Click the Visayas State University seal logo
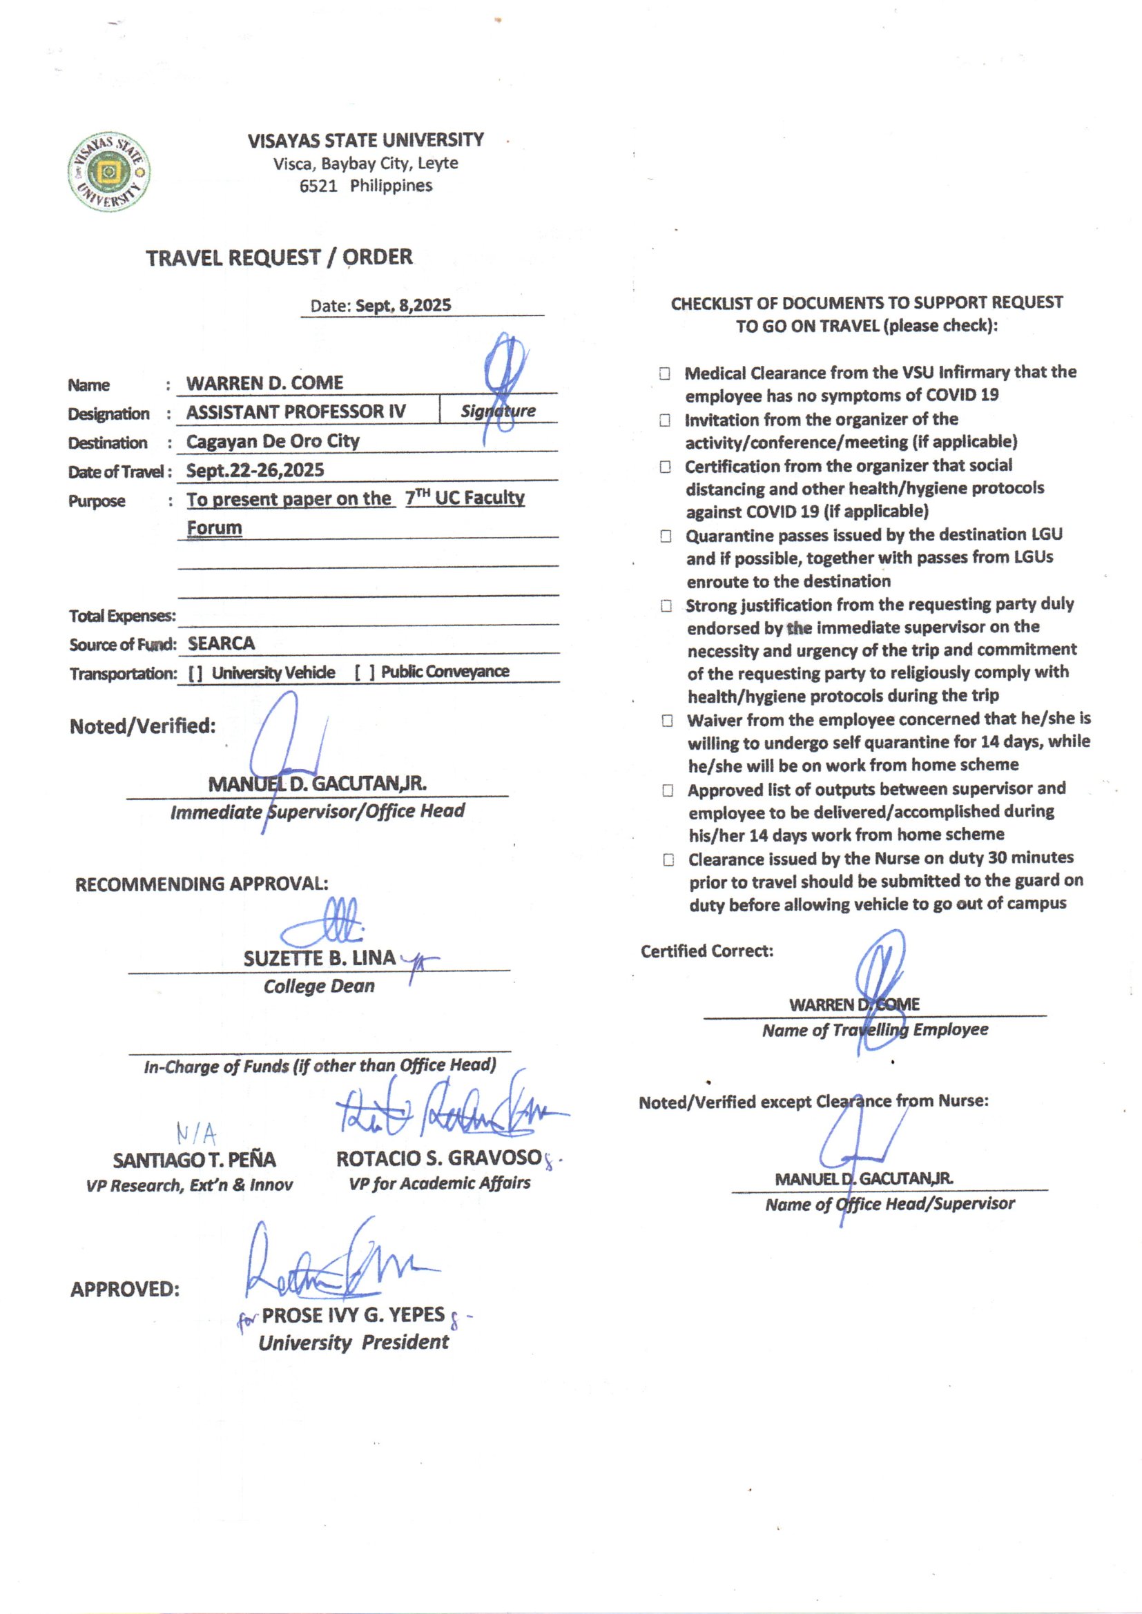click(109, 171)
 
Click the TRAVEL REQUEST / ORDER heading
click(279, 257)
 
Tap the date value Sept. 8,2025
click(403, 306)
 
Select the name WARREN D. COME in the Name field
click(264, 383)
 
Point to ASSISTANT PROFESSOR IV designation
click(296, 412)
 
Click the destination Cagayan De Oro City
click(273, 441)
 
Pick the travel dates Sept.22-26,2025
click(255, 470)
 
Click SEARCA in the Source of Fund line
click(221, 643)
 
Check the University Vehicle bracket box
click(195, 674)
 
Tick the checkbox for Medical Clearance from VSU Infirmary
click(664, 373)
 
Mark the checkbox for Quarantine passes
click(666, 536)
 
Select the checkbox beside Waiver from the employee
click(668, 721)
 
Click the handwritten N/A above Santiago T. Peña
click(196, 1134)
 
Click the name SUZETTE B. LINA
click(319, 959)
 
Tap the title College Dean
click(319, 986)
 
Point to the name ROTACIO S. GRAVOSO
click(439, 1158)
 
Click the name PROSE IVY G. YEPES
click(353, 1314)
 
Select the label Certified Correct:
click(707, 951)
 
